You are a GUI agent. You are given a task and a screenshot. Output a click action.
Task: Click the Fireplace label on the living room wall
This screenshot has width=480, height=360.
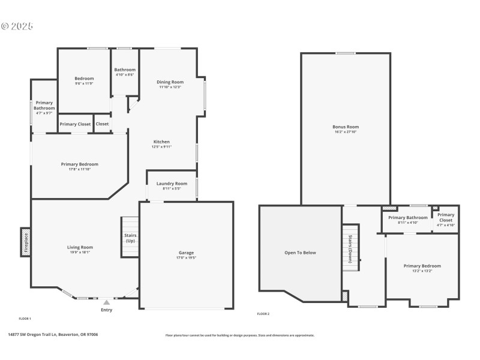click(x=26, y=242)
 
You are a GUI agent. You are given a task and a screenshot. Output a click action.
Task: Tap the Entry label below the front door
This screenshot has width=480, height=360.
click(x=106, y=310)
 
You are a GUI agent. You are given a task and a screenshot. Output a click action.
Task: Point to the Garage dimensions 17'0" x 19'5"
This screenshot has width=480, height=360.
click(x=186, y=258)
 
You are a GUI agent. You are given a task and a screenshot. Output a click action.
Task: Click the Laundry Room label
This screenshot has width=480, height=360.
click(x=172, y=184)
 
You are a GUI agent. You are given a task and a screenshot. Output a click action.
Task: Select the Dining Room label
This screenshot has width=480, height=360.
click(x=170, y=82)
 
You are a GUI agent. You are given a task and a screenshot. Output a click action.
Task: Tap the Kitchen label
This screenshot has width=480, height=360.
click(x=161, y=142)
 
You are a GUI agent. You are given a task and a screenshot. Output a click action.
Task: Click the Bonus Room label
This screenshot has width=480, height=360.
click(x=346, y=127)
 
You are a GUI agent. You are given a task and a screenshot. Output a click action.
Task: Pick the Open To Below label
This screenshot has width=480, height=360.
click(x=300, y=253)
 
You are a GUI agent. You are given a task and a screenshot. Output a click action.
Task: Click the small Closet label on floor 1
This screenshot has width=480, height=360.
click(x=103, y=124)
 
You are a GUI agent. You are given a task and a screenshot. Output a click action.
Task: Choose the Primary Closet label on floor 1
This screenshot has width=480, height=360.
click(x=76, y=124)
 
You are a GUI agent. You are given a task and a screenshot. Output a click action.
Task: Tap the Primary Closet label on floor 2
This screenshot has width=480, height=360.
click(x=446, y=217)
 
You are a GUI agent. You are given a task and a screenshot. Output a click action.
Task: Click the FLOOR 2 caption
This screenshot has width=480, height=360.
click(x=263, y=314)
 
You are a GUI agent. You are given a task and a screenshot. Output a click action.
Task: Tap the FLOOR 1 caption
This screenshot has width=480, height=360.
click(x=25, y=318)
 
